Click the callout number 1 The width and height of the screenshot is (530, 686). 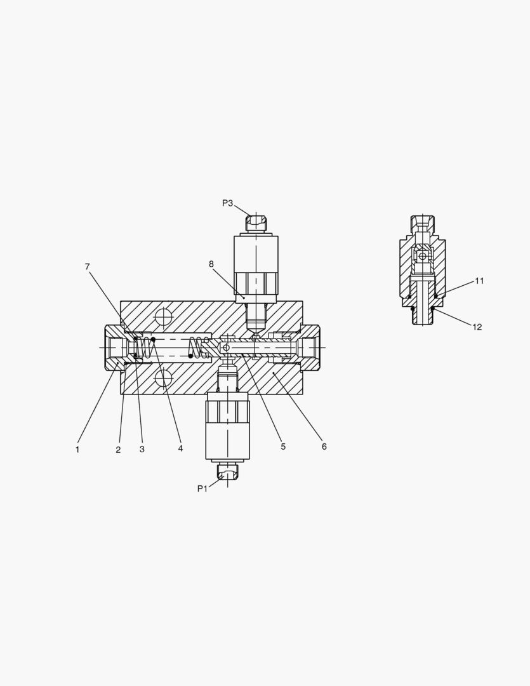pyautogui.click(x=77, y=450)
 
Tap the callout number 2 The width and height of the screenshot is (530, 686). pyautogui.click(x=118, y=450)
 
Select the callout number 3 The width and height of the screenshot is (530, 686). pyautogui.click(x=142, y=449)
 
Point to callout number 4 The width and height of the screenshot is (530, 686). pyautogui.click(x=180, y=448)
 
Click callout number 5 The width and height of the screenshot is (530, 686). pyautogui.click(x=283, y=447)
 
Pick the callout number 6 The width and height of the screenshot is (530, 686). pyautogui.click(x=324, y=447)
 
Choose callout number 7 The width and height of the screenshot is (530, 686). pyautogui.click(x=88, y=266)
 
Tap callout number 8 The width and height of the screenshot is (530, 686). pyautogui.click(x=211, y=264)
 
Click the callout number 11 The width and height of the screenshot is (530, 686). pyautogui.click(x=479, y=281)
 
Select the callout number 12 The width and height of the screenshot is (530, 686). pyautogui.click(x=477, y=327)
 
